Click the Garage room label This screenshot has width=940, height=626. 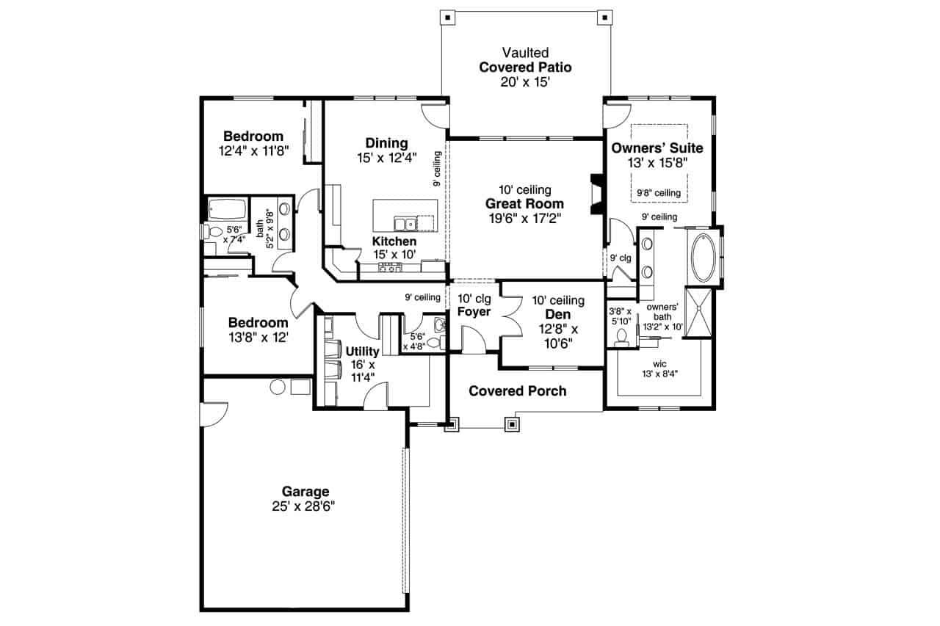click(305, 492)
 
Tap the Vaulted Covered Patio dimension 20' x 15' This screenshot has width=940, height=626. click(525, 82)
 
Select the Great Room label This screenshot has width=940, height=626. click(524, 204)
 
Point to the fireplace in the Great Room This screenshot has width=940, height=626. click(596, 194)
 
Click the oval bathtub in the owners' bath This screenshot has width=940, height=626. click(704, 258)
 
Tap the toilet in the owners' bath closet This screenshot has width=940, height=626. click(621, 337)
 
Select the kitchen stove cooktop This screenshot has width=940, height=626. click(390, 268)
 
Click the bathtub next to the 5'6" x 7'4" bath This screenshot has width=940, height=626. click(227, 210)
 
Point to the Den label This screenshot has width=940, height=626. click(558, 314)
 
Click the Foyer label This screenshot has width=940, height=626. click(474, 312)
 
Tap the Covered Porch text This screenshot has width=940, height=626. click(518, 391)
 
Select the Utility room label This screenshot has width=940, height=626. click(362, 352)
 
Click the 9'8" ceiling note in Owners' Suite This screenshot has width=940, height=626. click(658, 193)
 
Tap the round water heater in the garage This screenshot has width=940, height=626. click(278, 387)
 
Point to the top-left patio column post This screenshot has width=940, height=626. click(448, 16)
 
